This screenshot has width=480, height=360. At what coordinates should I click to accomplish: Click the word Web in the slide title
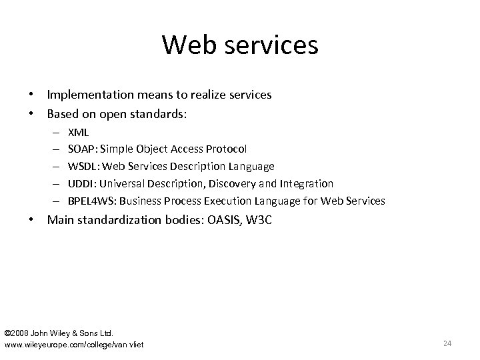[x=189, y=45]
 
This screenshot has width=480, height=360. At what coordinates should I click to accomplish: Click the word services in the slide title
[x=270, y=45]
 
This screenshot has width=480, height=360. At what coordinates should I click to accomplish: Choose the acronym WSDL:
[x=84, y=166]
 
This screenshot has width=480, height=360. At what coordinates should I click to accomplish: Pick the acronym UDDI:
[x=82, y=183]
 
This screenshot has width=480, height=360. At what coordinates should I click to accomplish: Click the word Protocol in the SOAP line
[x=227, y=149]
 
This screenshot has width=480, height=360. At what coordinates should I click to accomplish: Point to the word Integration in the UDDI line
[x=308, y=183]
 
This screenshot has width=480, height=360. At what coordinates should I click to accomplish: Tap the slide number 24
[x=447, y=343]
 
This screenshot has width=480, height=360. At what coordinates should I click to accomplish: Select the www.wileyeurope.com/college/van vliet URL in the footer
[x=74, y=344]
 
